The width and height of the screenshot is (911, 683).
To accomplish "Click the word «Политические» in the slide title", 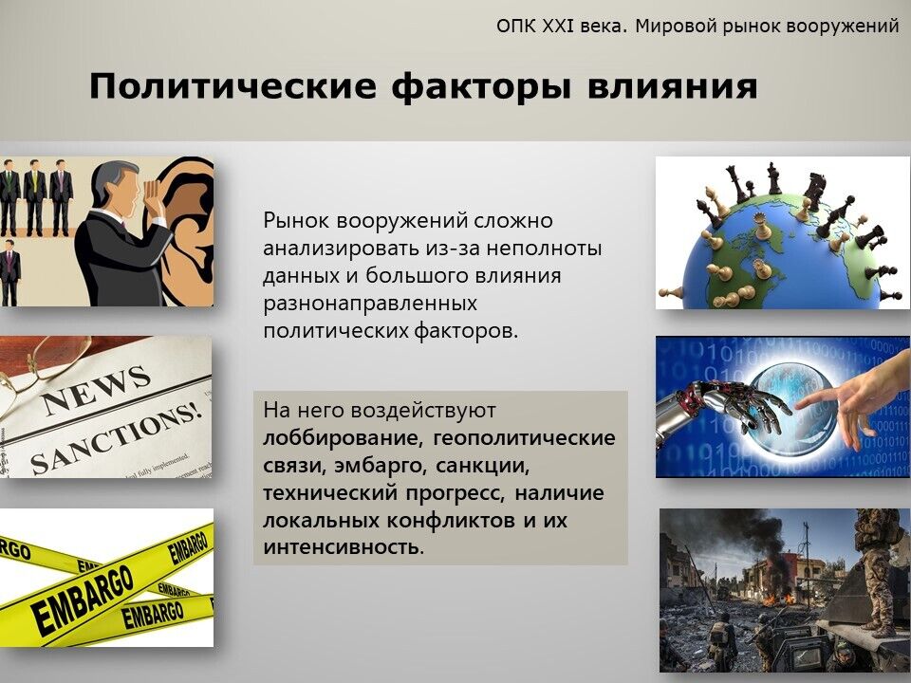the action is click(x=233, y=86).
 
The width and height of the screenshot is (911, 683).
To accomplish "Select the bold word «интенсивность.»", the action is click(x=344, y=547).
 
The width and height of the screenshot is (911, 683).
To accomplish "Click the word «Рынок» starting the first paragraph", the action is click(x=297, y=221).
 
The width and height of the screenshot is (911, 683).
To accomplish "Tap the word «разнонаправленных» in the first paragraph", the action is click(x=370, y=304).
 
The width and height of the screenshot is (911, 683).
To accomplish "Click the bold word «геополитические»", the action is click(x=524, y=438).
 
